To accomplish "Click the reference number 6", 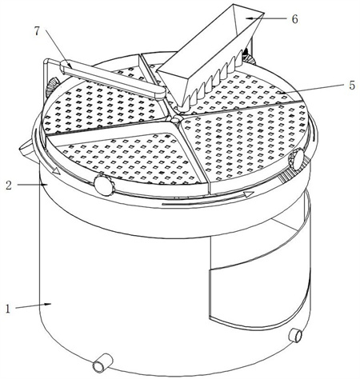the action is [294, 19].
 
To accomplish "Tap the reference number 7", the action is [37, 31].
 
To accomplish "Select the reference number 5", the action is [352, 86].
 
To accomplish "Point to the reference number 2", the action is [9, 186].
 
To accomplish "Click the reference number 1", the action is [8, 309].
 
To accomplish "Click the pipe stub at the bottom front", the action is [102, 362].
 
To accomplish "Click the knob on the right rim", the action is [296, 160].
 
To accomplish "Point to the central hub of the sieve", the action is [175, 121].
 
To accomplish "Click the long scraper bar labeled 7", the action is [113, 80].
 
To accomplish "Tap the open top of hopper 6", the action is [248, 18].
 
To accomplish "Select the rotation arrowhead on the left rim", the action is [56, 171].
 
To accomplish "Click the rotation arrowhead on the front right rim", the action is [249, 194].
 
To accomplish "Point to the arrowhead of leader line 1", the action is [48, 304].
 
